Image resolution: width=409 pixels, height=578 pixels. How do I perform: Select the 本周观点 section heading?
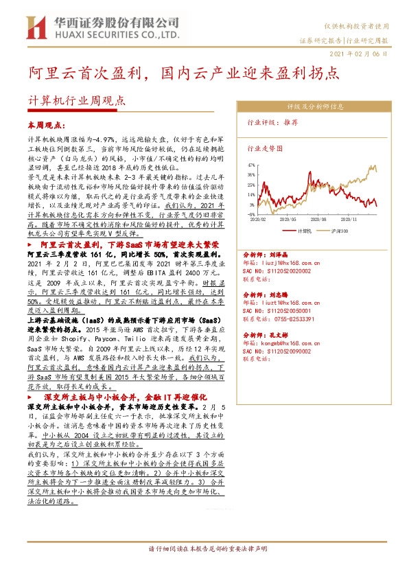46,126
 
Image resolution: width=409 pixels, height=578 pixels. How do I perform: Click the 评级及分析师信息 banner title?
315,106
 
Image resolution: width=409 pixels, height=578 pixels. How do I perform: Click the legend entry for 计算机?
304,231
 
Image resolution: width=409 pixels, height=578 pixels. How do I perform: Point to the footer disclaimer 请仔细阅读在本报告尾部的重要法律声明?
204,549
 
